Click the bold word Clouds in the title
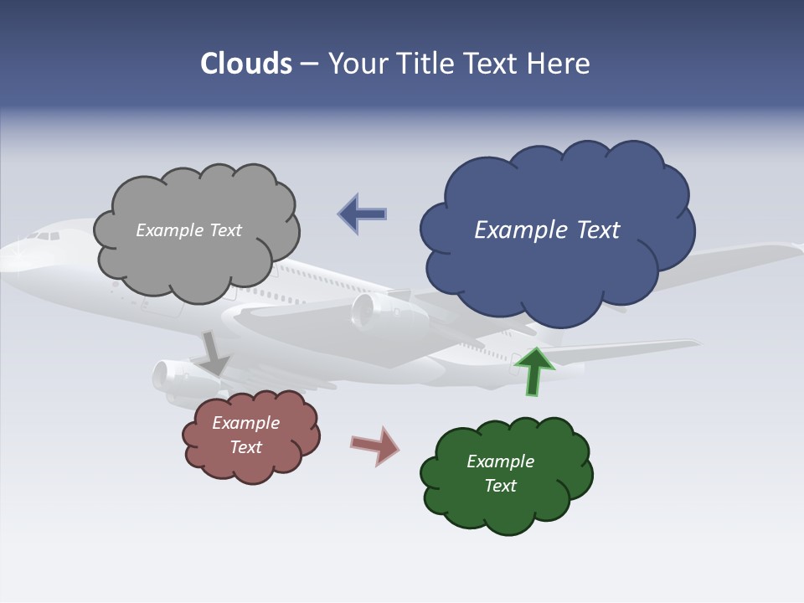click(245, 64)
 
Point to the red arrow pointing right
click(375, 445)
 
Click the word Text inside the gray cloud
click(224, 230)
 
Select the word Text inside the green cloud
click(500, 486)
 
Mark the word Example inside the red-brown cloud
click(245, 423)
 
